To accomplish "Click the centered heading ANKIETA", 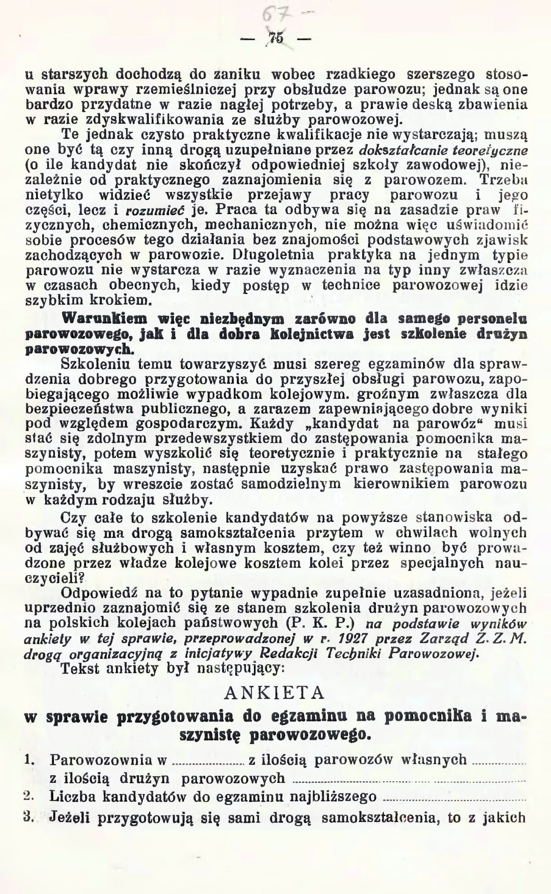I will tap(274, 693).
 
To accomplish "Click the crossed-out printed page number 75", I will tap(276, 39).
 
